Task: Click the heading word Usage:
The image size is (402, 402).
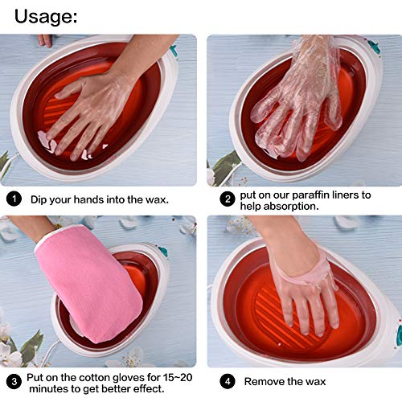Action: coord(46,15)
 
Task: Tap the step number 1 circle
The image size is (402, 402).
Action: coord(14,199)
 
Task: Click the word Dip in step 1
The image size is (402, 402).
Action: coord(40,199)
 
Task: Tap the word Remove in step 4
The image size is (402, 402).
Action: coord(264,382)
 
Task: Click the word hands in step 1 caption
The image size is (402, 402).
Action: coord(89,199)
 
